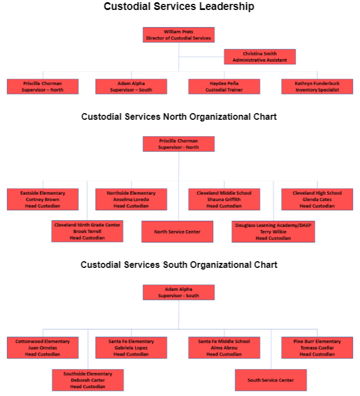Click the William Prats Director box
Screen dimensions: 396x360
tap(179, 35)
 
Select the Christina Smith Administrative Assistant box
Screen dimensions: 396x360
tap(260, 57)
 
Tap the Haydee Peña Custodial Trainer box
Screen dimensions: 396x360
tap(224, 87)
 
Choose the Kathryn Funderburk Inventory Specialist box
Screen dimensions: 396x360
tap(317, 87)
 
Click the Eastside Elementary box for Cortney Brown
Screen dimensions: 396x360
tap(43, 199)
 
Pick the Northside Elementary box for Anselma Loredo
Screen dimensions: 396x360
tap(131, 199)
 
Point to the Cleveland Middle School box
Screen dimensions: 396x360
tap(224, 199)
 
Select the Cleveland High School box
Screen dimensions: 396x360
tap(317, 199)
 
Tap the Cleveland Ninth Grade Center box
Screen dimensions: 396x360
tap(87, 231)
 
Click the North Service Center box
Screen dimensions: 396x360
tap(177, 231)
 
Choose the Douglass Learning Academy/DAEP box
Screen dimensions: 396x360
tap(273, 231)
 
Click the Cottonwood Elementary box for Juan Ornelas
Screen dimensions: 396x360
tap(43, 348)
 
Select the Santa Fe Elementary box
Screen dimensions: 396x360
tap(131, 348)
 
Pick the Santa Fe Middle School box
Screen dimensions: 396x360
tap(224, 348)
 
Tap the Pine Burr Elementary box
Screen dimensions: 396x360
tap(317, 348)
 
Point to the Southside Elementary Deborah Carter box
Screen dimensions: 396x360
tap(88, 380)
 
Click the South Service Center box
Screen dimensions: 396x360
tap(270, 380)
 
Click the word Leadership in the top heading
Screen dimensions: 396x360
tap(227, 7)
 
